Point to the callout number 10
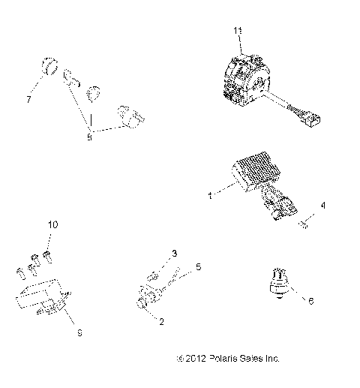tap(52, 225)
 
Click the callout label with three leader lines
tap(88, 137)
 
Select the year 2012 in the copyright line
tap(193, 359)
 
